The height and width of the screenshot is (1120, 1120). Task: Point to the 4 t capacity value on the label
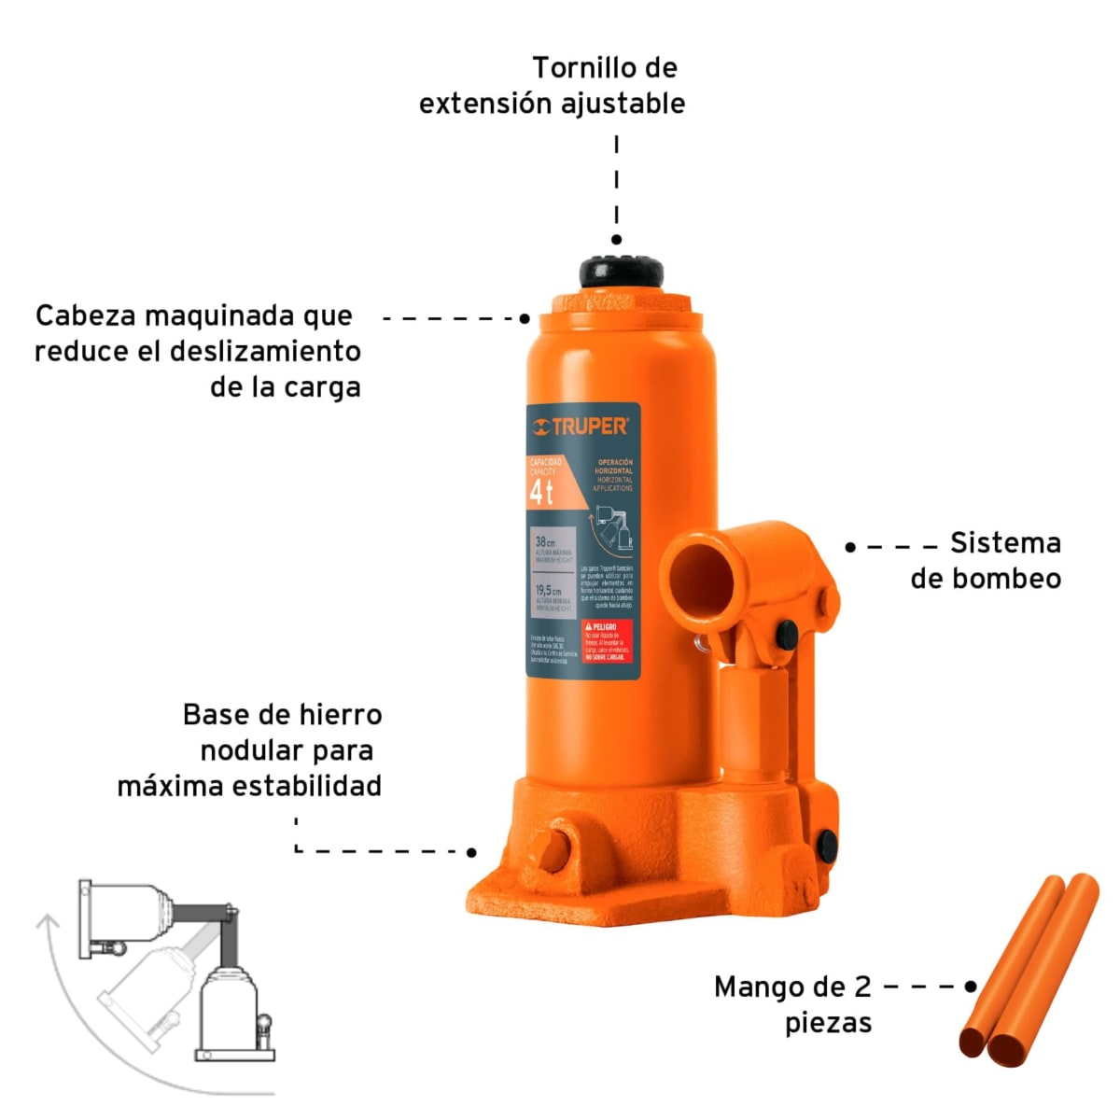tap(541, 493)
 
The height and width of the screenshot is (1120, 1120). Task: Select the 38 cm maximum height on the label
tap(546, 541)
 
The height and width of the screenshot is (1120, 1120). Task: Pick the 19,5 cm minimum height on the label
tap(549, 591)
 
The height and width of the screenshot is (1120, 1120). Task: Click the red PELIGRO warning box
tap(607, 642)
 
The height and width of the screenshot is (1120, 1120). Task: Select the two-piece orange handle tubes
tap(1029, 971)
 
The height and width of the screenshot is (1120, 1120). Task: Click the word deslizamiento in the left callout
tap(265, 352)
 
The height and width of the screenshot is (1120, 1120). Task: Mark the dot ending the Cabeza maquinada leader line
tap(525, 318)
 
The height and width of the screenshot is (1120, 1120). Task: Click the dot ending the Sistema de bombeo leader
tap(850, 547)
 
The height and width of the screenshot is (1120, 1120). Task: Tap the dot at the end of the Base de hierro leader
tap(471, 852)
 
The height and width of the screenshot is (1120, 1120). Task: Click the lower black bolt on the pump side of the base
tap(825, 844)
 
